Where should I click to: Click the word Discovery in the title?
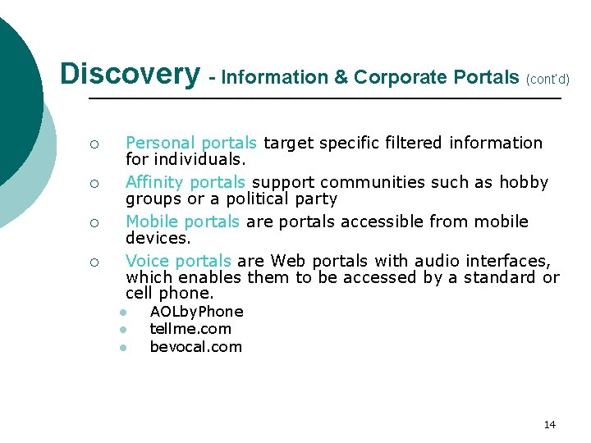coord(130,74)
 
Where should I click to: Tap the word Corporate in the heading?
coord(393,78)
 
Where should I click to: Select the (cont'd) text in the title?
coord(547,79)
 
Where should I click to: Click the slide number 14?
coord(549,424)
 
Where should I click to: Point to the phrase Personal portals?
coord(190,143)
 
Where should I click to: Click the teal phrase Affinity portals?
coord(185,182)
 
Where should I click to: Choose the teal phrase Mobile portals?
coord(182,221)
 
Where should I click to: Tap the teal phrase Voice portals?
coord(178,261)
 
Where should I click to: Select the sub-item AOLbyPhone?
coord(196,312)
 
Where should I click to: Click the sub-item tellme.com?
coord(190,329)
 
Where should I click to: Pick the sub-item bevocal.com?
coord(195,347)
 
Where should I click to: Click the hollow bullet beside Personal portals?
coord(94,144)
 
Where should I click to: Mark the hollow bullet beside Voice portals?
coord(94,263)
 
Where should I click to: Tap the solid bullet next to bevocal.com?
coord(120,348)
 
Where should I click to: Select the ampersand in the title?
coord(341,78)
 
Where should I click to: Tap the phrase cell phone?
coord(169,294)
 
